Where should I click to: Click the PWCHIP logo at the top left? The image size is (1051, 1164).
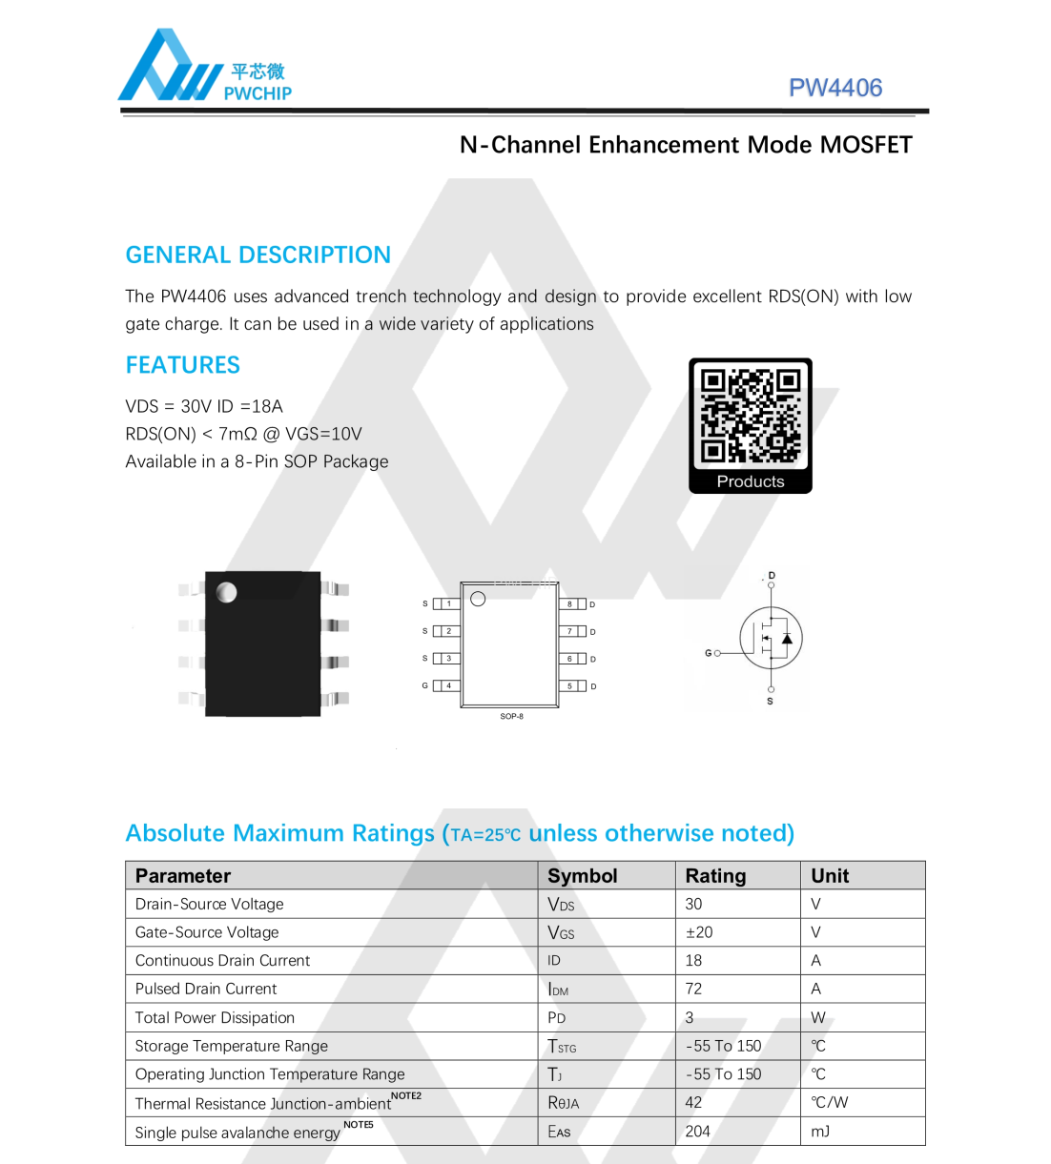[204, 67]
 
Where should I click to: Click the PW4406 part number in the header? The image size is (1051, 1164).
[835, 88]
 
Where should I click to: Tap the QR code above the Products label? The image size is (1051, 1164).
[750, 416]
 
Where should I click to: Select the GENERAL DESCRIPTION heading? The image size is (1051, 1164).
[258, 255]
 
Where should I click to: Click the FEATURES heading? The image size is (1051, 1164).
[183, 365]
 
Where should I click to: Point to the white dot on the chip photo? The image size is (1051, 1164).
[227, 592]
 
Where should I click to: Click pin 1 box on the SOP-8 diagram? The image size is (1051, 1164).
[448, 603]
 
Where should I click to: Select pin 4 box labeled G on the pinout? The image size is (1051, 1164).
[448, 685]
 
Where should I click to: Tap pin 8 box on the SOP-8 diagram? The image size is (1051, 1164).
[570, 604]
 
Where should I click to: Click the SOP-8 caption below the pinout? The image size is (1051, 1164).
[511, 716]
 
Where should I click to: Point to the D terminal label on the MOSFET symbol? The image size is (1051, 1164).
[772, 575]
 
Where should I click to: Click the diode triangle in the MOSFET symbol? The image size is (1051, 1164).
[787, 639]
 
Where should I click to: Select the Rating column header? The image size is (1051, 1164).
[715, 876]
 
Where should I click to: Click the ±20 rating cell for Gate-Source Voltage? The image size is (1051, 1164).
[699, 932]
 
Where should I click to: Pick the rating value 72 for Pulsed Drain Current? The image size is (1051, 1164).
[693, 989]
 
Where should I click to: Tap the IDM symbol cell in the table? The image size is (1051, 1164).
[558, 990]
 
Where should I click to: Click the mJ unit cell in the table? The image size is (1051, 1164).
[820, 1132]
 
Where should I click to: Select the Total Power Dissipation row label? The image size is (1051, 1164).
[215, 1017]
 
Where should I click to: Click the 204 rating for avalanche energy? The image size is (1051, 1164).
[697, 1132]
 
